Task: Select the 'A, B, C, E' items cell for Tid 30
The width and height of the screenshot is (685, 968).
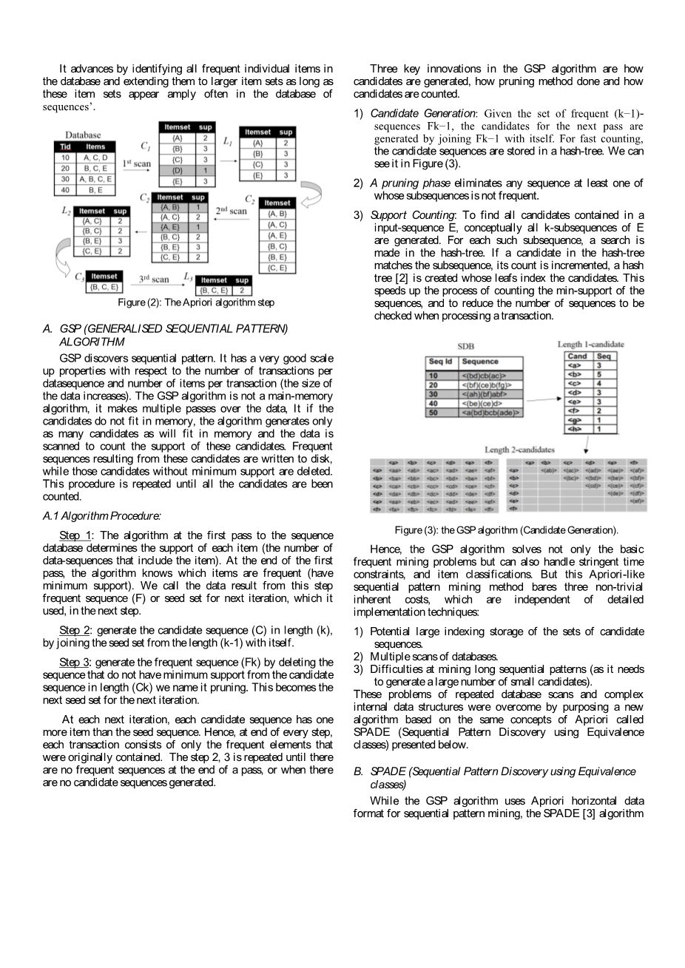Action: [96, 179]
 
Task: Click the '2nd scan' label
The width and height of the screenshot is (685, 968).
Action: [232, 211]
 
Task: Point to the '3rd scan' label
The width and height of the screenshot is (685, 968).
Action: [154, 279]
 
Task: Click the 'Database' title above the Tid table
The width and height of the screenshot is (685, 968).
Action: [83, 135]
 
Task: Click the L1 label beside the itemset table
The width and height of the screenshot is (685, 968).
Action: [228, 141]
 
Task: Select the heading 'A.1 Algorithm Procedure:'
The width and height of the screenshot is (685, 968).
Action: [102, 515]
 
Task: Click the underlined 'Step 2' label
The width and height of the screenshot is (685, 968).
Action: [75, 630]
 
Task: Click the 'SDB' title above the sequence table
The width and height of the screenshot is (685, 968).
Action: [465, 346]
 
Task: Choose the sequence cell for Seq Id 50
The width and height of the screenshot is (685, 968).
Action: [491, 413]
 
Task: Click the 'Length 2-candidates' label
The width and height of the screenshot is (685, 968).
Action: [519, 449]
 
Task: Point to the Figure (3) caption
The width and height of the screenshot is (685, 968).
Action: [506, 530]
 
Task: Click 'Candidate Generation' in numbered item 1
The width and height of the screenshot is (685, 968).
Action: [422, 113]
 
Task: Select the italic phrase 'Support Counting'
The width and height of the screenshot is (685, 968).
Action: [413, 215]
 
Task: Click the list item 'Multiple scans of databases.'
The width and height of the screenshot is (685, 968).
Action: [433, 657]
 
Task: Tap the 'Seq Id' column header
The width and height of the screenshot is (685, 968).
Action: [440, 362]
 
